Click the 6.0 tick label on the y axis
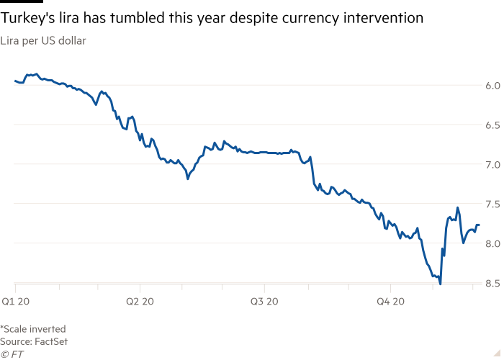pyautogui.click(x=492, y=86)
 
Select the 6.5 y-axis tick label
pyautogui.click(x=492, y=125)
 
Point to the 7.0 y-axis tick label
pyautogui.click(x=492, y=165)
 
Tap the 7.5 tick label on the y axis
pyautogui.click(x=492, y=204)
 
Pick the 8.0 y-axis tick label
pyautogui.click(x=492, y=244)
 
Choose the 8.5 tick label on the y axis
pyautogui.click(x=492, y=283)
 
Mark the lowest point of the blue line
pyautogui.click(x=440, y=283)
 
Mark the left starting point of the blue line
pyautogui.click(x=14, y=80)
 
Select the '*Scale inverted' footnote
pyautogui.click(x=33, y=329)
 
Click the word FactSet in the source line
pyautogui.click(x=53, y=341)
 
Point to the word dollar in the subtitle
pyautogui.click(x=73, y=41)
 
